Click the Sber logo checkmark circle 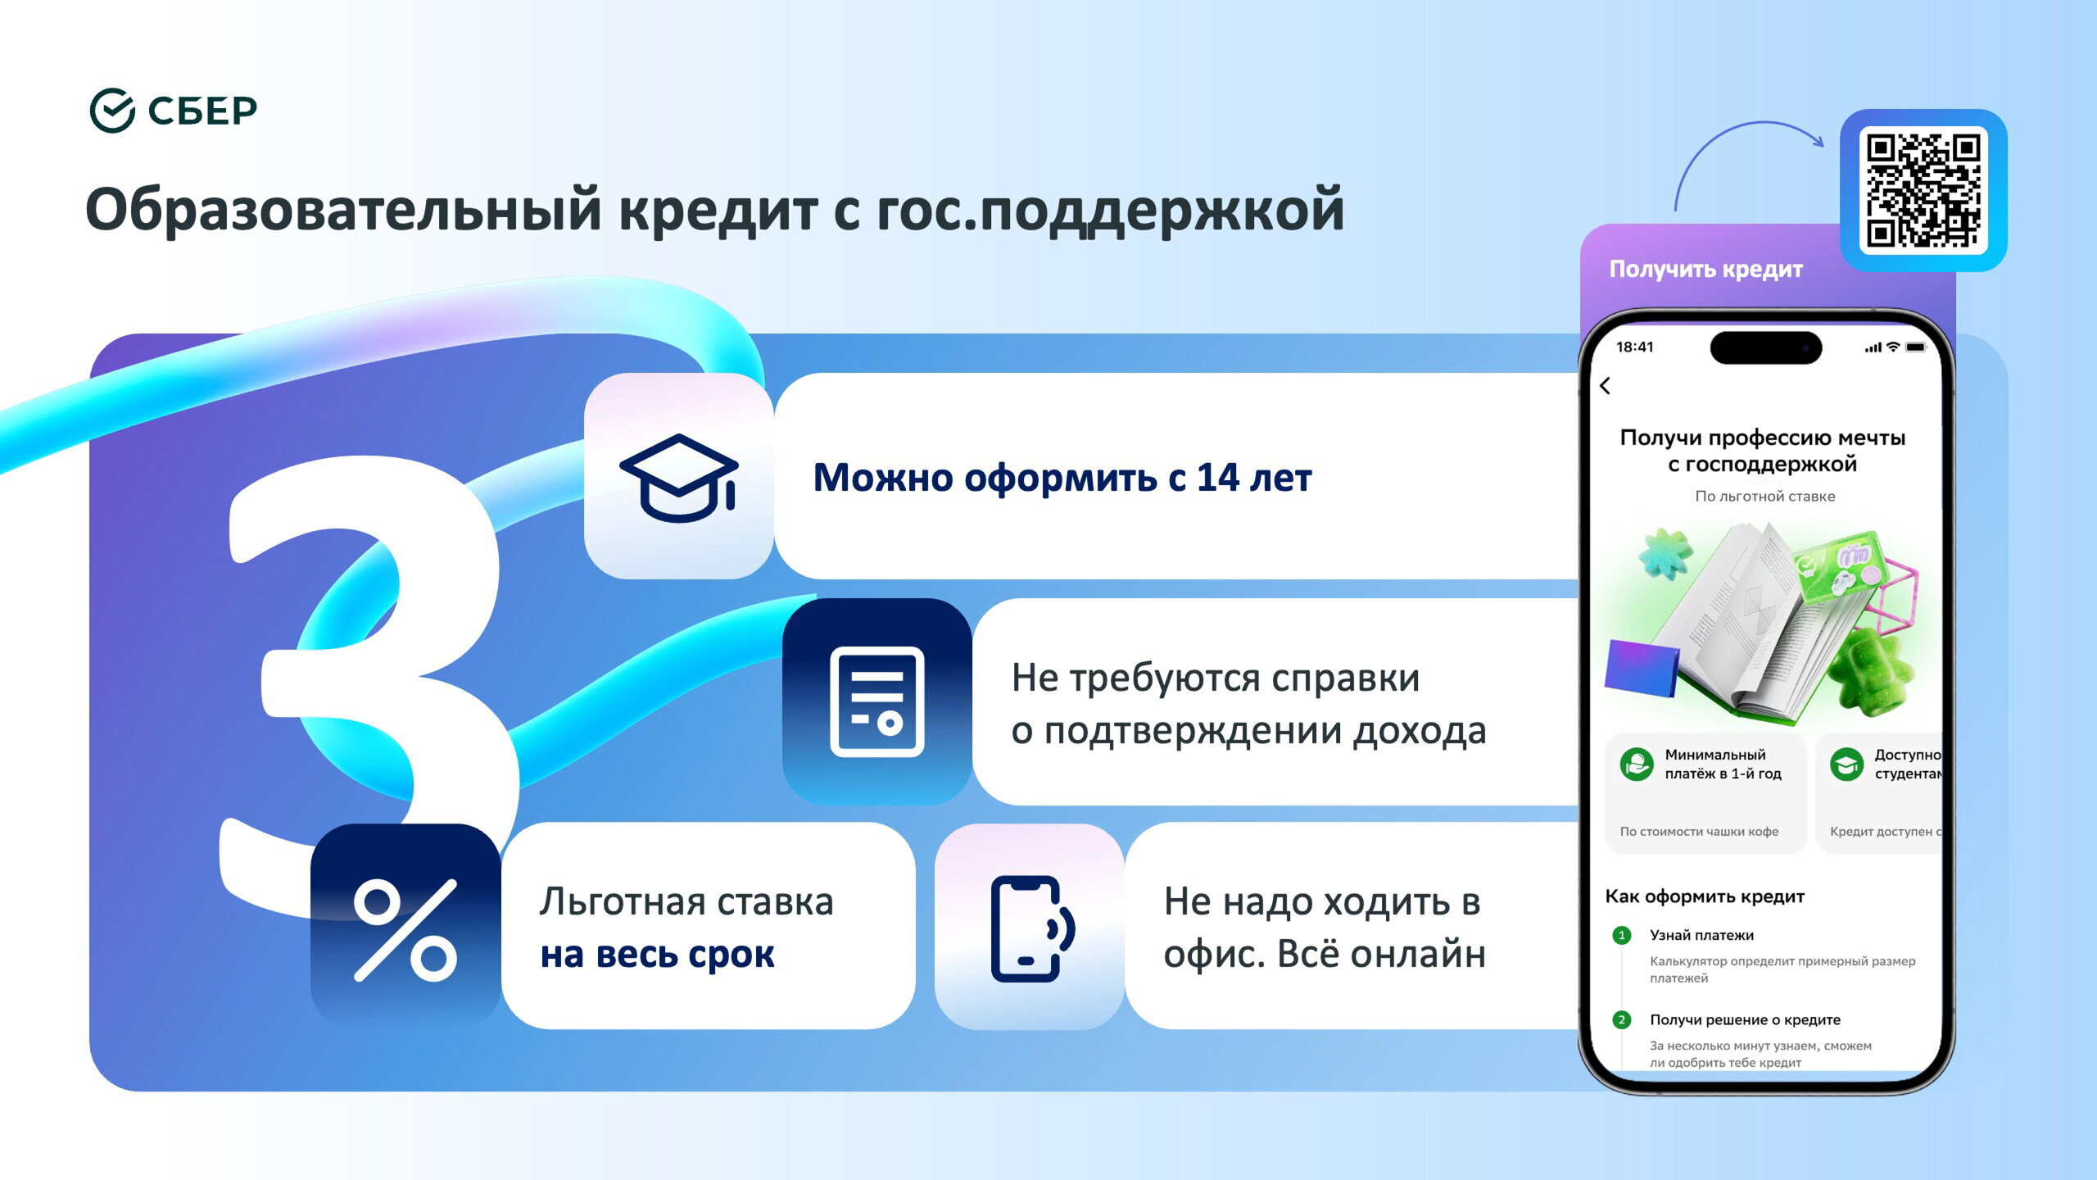tap(112, 111)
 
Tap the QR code tap(1923, 190)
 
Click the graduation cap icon tap(679, 478)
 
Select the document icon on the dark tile tap(877, 701)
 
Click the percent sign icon tap(405, 930)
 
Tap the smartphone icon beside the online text tap(1033, 928)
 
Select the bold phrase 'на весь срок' tap(657, 955)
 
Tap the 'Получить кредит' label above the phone tap(1705, 270)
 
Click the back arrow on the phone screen tap(1605, 386)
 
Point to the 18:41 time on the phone tap(1634, 347)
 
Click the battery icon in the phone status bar tap(1916, 347)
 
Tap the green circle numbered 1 tap(1621, 936)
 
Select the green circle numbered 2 tap(1621, 1020)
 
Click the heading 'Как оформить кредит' tap(1705, 896)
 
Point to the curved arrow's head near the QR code tap(1818, 141)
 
